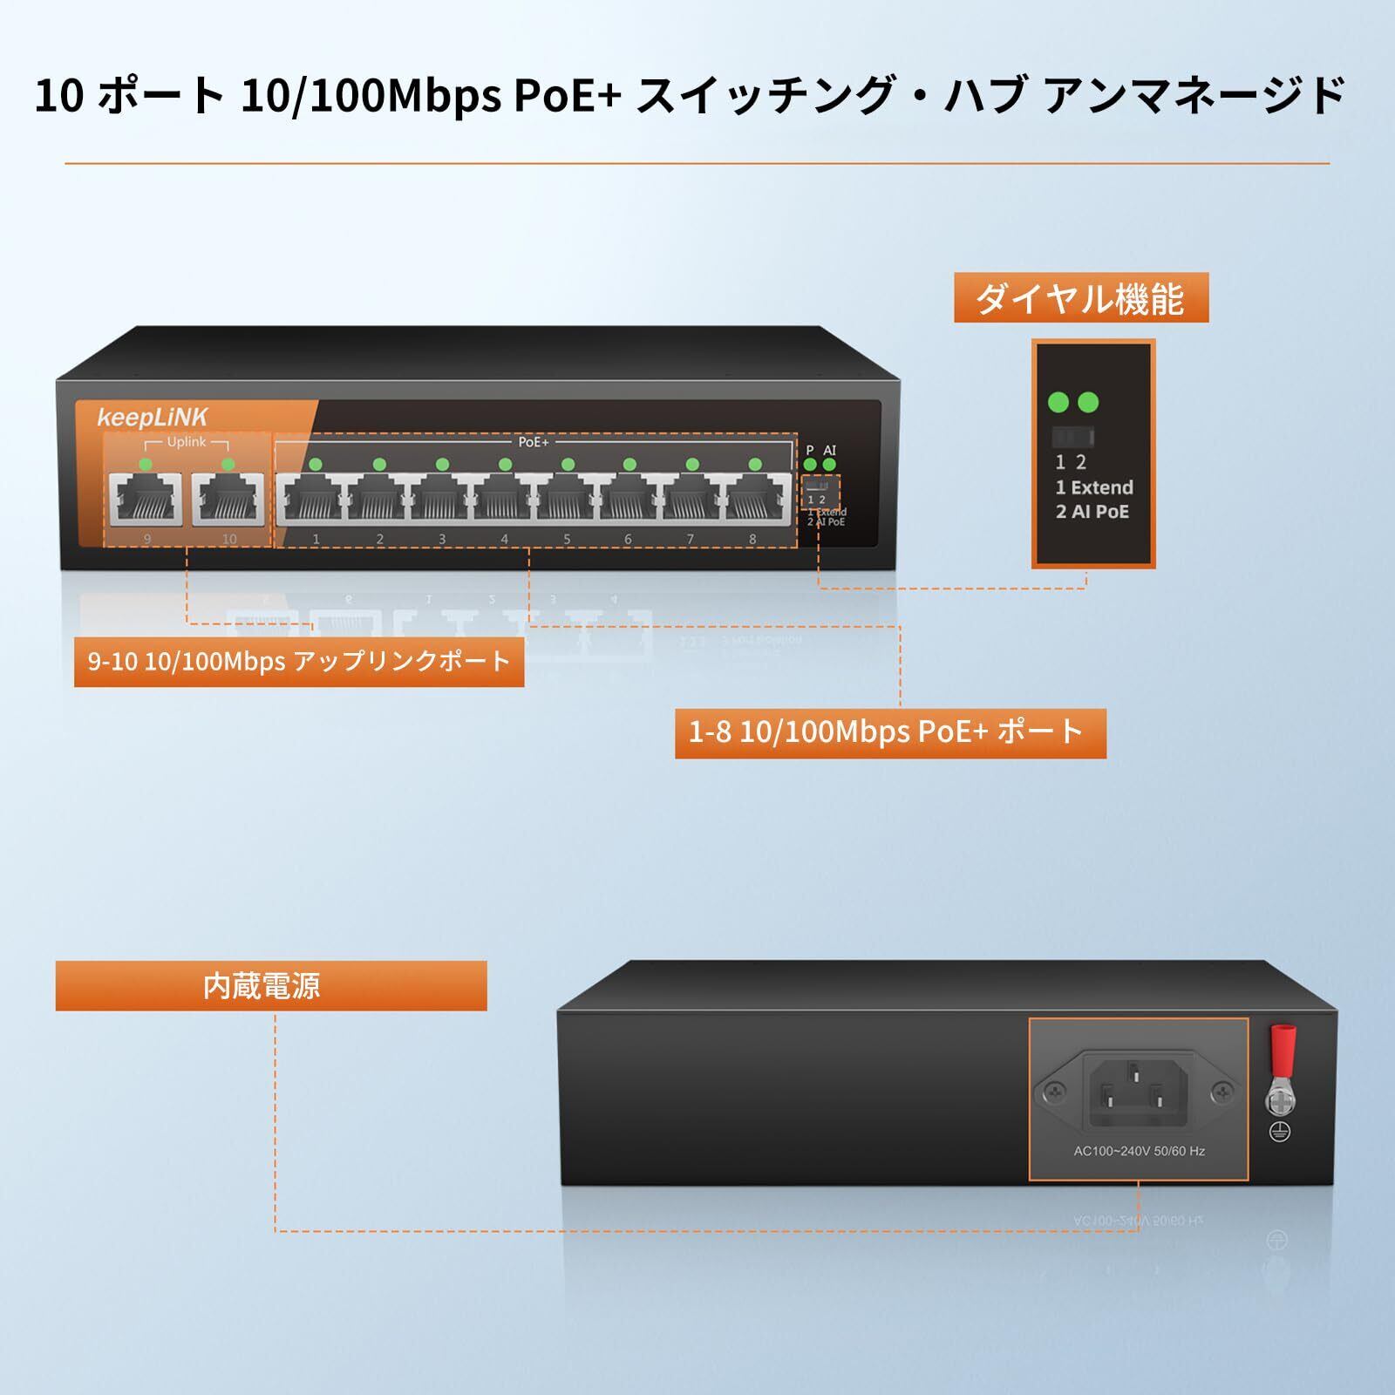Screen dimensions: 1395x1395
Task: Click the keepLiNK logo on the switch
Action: pyautogui.click(x=152, y=418)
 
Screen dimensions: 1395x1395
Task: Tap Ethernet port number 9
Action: pyautogui.click(x=146, y=500)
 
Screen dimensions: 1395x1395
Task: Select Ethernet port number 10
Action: pyautogui.click(x=228, y=500)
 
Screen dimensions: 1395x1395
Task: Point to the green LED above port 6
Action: pyautogui.click(x=629, y=465)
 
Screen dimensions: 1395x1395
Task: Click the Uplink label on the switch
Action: pyautogui.click(x=187, y=442)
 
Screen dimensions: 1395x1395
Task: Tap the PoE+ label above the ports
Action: pyautogui.click(x=534, y=442)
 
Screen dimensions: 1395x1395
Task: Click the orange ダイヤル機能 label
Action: pyautogui.click(x=1080, y=298)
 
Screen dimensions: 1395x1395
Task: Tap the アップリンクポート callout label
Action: pyautogui.click(x=298, y=662)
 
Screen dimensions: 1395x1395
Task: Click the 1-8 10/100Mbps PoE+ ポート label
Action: pyautogui.click(x=889, y=732)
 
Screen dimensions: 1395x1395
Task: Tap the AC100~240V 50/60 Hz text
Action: pyautogui.click(x=1139, y=1151)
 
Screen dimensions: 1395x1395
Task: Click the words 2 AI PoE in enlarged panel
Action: pyautogui.click(x=1092, y=512)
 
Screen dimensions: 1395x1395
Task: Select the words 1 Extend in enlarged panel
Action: pyautogui.click(x=1094, y=487)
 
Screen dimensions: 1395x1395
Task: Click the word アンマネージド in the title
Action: pyautogui.click(x=1194, y=96)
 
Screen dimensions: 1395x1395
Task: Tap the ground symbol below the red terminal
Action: pyautogui.click(x=1279, y=1132)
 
